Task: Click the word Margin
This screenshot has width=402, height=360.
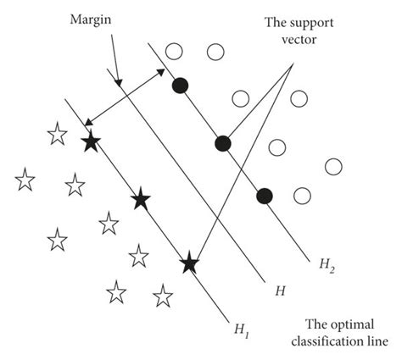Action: [x=90, y=18]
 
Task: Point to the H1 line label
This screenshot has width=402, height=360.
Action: [x=240, y=325]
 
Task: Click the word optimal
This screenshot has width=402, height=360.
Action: [x=350, y=324]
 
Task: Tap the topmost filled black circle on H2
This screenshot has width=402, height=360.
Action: [x=180, y=85]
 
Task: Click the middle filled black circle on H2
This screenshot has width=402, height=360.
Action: [x=222, y=143]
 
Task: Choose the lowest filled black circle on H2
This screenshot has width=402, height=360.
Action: [x=265, y=196]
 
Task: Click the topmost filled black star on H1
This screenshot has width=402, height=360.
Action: [x=90, y=142]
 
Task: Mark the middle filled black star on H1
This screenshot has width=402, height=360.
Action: [x=140, y=200]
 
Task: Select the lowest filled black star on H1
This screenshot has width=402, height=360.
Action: [x=189, y=263]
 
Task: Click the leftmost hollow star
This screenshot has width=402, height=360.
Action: [x=25, y=180]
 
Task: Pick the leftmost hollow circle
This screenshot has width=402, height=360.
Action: [x=174, y=52]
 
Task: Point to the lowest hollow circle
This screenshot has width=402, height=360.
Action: [x=302, y=196]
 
